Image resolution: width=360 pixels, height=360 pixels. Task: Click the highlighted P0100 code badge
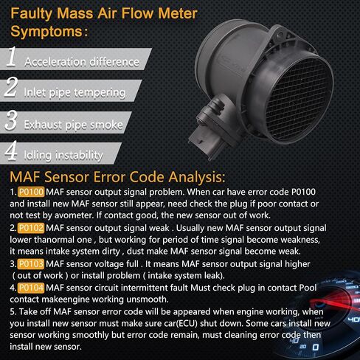(31, 192)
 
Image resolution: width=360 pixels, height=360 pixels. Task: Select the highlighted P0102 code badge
(31, 228)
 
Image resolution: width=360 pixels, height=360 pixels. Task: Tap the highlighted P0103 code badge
(31, 264)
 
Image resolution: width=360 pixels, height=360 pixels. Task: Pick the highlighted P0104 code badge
(31, 288)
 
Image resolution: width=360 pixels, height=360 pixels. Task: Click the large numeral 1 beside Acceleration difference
(11, 57)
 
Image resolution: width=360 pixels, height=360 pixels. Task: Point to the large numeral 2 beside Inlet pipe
(11, 86)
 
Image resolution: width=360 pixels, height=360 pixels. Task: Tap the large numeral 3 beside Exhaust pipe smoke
(11, 120)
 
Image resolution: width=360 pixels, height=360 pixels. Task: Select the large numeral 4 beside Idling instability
(11, 150)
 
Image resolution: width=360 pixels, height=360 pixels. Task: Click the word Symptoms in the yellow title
(46, 32)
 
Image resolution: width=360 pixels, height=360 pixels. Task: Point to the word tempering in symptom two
(100, 93)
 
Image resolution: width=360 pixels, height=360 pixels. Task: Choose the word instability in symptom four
(79, 156)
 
